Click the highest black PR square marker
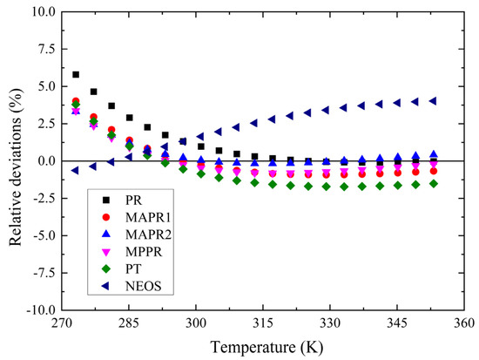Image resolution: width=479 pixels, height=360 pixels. coord(76,75)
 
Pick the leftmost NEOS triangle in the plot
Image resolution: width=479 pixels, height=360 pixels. coord(76,170)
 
